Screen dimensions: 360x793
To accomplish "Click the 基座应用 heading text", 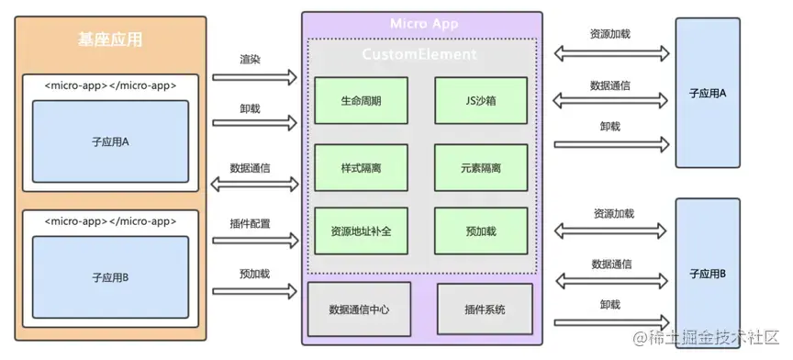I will coord(110,39).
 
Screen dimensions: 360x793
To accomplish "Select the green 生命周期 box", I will coord(360,100).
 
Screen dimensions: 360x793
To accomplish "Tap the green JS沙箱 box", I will coord(481,100).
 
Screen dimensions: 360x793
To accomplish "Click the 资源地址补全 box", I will coord(360,231).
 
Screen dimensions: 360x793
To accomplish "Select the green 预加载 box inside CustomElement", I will coord(481,231).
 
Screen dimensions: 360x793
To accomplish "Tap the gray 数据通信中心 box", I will coord(359,309).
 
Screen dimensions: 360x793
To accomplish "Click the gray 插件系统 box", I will coord(485,309).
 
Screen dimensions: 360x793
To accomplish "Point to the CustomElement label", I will coord(419,55).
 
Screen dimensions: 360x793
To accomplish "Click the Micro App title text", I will coord(423,24).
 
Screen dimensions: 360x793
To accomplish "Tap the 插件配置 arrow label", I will coord(249,223).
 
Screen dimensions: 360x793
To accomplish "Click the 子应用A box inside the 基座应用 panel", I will coord(110,141).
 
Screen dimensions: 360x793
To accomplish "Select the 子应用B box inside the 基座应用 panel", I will coord(110,276).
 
